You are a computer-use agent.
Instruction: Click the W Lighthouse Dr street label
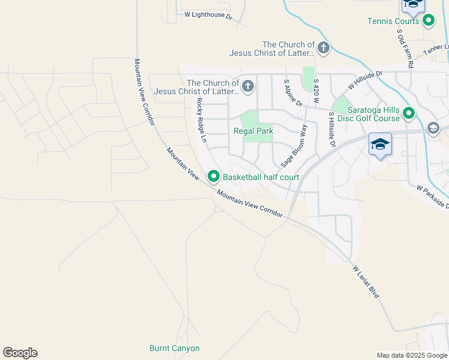click(208, 15)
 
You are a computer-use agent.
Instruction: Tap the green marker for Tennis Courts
click(429, 21)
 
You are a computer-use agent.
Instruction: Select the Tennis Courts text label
click(393, 22)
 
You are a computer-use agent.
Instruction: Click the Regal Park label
click(253, 131)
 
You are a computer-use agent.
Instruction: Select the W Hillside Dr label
click(364, 80)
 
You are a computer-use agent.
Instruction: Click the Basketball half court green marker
click(213, 176)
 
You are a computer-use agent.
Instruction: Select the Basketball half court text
click(261, 178)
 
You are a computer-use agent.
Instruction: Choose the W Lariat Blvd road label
click(366, 283)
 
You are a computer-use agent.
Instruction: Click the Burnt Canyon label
click(174, 348)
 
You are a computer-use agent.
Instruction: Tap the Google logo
click(20, 353)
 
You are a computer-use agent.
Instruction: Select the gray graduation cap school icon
click(433, 128)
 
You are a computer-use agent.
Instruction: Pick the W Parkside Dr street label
click(433, 197)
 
